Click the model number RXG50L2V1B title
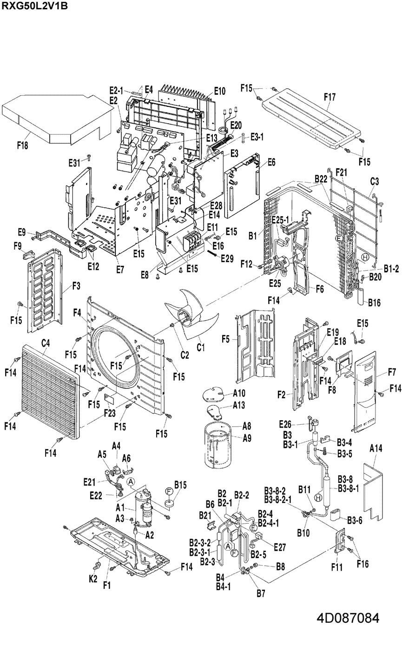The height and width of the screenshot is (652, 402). [x=35, y=6]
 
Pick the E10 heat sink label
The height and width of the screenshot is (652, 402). [x=219, y=92]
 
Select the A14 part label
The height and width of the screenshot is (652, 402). [x=376, y=448]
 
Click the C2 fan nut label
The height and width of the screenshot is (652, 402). [x=185, y=355]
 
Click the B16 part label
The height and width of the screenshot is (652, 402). [x=374, y=303]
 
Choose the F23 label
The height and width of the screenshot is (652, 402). [x=110, y=413]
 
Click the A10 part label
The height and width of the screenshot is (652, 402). [x=239, y=393]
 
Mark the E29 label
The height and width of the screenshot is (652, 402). [x=227, y=258]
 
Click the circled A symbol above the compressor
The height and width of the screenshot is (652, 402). [x=131, y=482]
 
